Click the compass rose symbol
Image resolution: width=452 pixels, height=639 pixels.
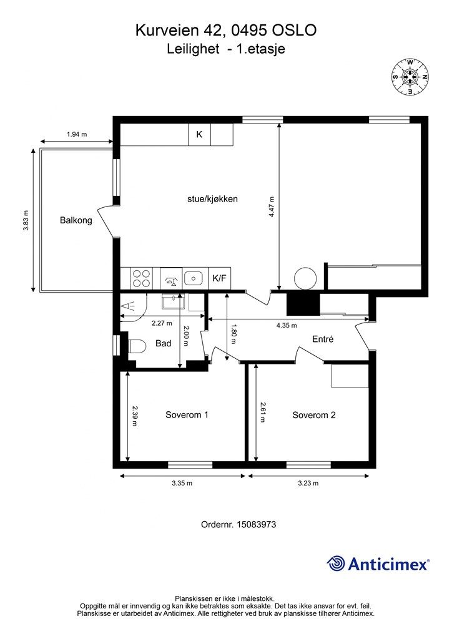[x=410, y=77]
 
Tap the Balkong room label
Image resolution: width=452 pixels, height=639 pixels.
[x=76, y=220]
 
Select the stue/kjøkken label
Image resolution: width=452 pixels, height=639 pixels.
[x=212, y=199]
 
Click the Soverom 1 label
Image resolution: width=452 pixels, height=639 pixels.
[x=187, y=415]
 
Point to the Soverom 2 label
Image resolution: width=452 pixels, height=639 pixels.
[x=314, y=415]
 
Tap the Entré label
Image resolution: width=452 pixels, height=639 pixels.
[x=323, y=339]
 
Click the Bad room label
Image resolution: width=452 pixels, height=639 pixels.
[x=163, y=344]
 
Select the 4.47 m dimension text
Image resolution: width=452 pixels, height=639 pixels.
[x=272, y=207]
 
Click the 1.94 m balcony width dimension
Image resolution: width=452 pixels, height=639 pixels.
[x=77, y=134]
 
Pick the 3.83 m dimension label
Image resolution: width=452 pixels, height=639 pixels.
[x=26, y=220]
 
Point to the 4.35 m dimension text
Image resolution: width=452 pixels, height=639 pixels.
[x=287, y=325]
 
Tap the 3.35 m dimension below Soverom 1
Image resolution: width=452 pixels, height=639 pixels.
[x=182, y=484]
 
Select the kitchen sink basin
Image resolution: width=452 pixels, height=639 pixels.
[x=194, y=278]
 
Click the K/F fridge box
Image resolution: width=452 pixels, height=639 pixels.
[x=219, y=278]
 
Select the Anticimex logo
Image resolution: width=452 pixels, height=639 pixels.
[x=378, y=563]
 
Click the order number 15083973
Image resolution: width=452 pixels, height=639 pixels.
[x=257, y=524]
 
